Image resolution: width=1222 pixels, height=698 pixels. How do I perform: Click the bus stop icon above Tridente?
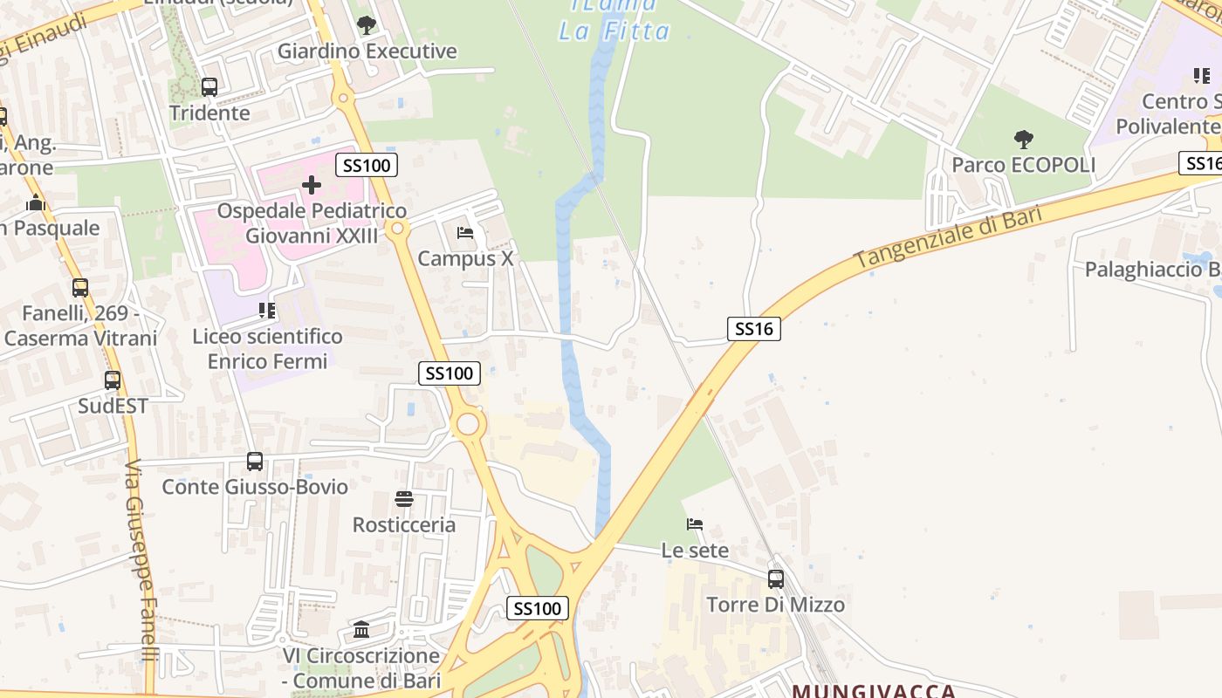click(209, 87)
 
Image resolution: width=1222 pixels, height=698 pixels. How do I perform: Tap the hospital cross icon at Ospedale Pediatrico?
click(312, 185)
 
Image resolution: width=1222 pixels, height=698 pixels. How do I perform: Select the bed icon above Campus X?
click(465, 233)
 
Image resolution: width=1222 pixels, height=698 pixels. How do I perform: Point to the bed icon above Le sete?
click(695, 524)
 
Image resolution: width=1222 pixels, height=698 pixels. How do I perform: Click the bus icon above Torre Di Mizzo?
click(776, 578)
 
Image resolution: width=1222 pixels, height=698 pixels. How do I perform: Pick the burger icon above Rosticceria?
click(404, 499)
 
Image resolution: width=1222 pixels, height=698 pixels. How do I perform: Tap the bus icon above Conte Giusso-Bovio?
click(255, 462)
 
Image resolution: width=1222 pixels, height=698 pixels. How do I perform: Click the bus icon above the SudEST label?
click(113, 380)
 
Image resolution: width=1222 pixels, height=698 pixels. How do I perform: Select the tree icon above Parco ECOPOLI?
click(1024, 139)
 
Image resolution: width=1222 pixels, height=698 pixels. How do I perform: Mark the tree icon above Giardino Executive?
click(367, 24)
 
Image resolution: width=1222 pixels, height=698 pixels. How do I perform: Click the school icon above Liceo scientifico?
click(267, 311)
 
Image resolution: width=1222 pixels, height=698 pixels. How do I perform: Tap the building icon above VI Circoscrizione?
click(361, 629)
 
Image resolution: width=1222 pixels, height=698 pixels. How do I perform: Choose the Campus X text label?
click(465, 259)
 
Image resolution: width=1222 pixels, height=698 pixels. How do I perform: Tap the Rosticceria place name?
click(404, 524)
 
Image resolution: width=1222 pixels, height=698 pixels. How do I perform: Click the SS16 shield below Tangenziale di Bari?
click(753, 329)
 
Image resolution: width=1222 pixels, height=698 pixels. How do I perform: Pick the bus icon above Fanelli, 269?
click(80, 287)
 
